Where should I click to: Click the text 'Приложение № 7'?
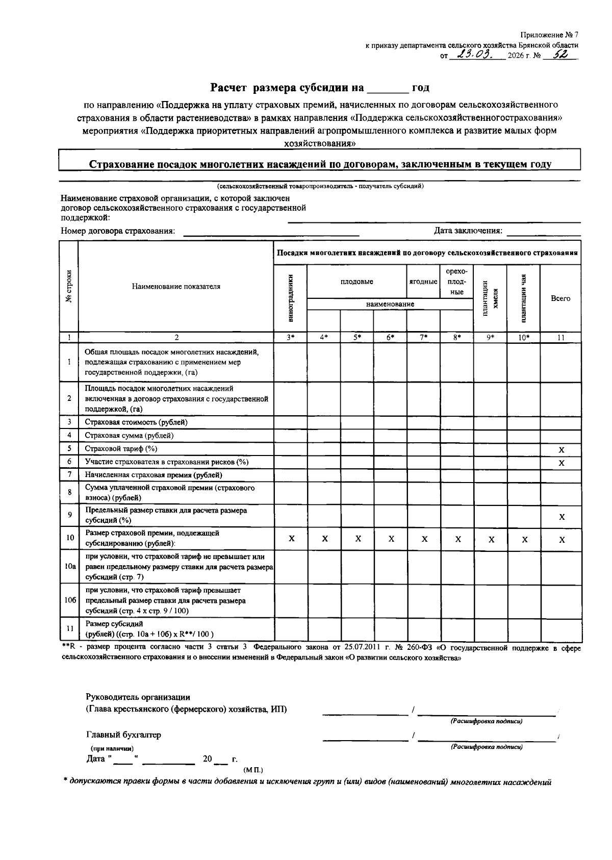click(549, 35)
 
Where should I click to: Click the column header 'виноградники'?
click(291, 298)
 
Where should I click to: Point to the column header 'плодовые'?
click(356, 282)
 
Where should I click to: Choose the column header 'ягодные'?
click(423, 282)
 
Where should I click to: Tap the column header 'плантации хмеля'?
click(490, 298)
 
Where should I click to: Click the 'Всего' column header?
click(560, 298)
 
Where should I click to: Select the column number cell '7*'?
click(423, 337)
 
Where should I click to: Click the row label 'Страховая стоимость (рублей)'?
click(136, 422)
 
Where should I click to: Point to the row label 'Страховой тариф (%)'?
click(121, 449)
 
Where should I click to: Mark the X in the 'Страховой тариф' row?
click(561, 450)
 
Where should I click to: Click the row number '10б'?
click(70, 600)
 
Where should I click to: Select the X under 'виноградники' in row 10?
click(291, 539)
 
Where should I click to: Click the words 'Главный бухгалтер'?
click(123, 735)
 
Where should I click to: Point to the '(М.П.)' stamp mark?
click(253, 769)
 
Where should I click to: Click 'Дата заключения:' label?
click(468, 231)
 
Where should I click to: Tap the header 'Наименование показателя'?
click(176, 287)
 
